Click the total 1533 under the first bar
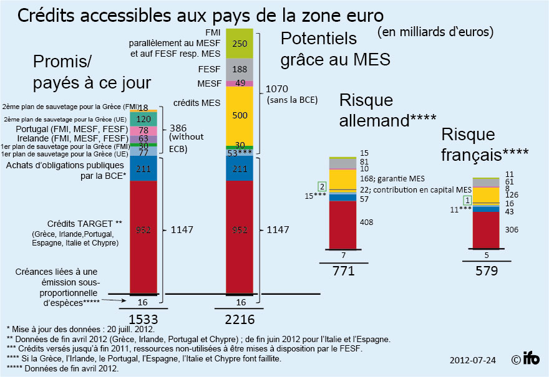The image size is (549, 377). click(143, 318)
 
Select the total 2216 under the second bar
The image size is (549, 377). click(244, 318)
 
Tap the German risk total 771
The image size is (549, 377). click(344, 270)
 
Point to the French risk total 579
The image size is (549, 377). click(487, 270)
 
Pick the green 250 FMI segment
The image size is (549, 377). click(244, 44)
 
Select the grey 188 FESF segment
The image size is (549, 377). click(244, 70)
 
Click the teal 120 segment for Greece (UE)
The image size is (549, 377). click(143, 119)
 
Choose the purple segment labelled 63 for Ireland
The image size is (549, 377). click(143, 139)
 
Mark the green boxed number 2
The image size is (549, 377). click(322, 186)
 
